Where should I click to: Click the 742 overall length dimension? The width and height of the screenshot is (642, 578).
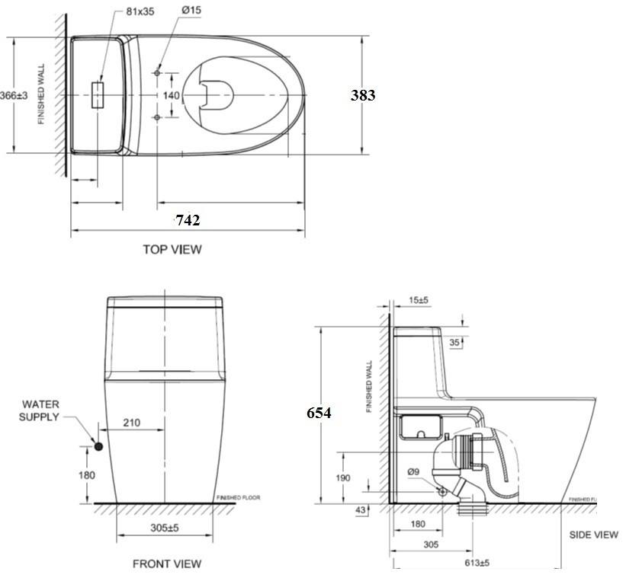click(188, 221)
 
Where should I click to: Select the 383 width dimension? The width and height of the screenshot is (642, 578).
click(363, 95)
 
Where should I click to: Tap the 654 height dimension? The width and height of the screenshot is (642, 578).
click(319, 413)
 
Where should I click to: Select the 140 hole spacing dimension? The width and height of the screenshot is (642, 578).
click(172, 95)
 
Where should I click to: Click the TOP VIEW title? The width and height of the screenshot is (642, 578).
click(172, 249)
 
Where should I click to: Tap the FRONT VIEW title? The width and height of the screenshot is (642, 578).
click(167, 564)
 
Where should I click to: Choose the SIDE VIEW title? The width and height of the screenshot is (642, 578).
click(593, 535)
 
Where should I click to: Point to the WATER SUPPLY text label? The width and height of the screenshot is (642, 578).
click(40, 410)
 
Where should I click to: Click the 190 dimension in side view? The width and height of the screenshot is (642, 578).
click(343, 477)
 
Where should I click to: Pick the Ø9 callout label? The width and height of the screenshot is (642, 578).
click(413, 472)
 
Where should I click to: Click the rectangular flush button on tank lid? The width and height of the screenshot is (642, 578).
click(98, 95)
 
